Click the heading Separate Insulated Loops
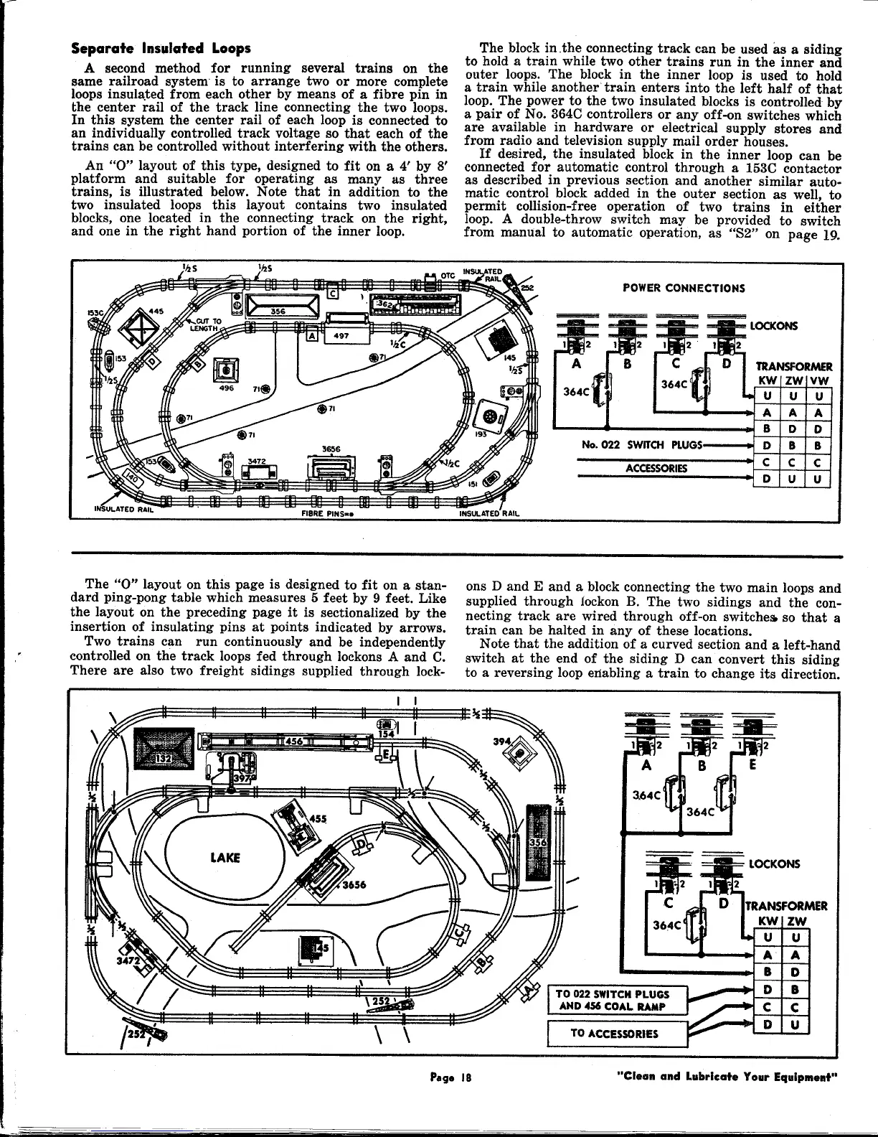[x=161, y=49]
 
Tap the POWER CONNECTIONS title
[x=684, y=288]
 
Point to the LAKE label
[x=225, y=858]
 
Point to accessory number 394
[x=501, y=741]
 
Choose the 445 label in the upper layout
[x=156, y=311]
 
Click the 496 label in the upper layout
[x=227, y=388]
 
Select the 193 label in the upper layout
[x=481, y=434]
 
